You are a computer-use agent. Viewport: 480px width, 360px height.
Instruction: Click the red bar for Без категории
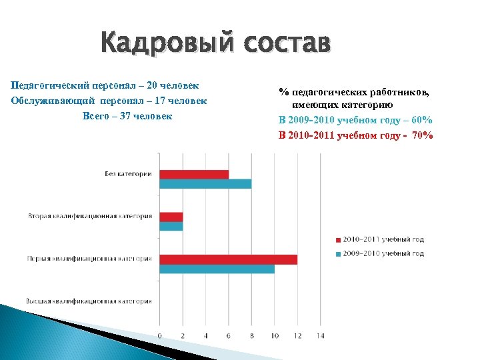[x=194, y=174]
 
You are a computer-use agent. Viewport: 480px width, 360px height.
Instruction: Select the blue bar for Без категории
[x=205, y=183]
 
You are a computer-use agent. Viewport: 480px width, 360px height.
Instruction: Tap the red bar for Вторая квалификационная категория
[x=171, y=217]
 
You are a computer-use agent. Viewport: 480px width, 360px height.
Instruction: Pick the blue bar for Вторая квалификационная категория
[x=171, y=226]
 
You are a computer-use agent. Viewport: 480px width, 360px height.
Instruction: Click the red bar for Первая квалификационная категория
[x=229, y=259]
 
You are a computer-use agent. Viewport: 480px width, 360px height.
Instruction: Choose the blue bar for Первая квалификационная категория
[x=217, y=269]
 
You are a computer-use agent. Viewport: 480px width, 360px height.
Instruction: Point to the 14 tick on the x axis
[x=321, y=335]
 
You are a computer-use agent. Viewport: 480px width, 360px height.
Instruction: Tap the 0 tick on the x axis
[x=160, y=335]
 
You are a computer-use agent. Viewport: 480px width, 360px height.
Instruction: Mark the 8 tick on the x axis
[x=251, y=335]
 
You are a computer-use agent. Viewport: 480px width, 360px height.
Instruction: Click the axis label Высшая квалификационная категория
[x=89, y=301]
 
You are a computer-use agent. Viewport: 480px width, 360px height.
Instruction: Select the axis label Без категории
[x=128, y=174]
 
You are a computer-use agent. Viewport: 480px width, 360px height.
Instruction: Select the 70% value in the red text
[x=423, y=135]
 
